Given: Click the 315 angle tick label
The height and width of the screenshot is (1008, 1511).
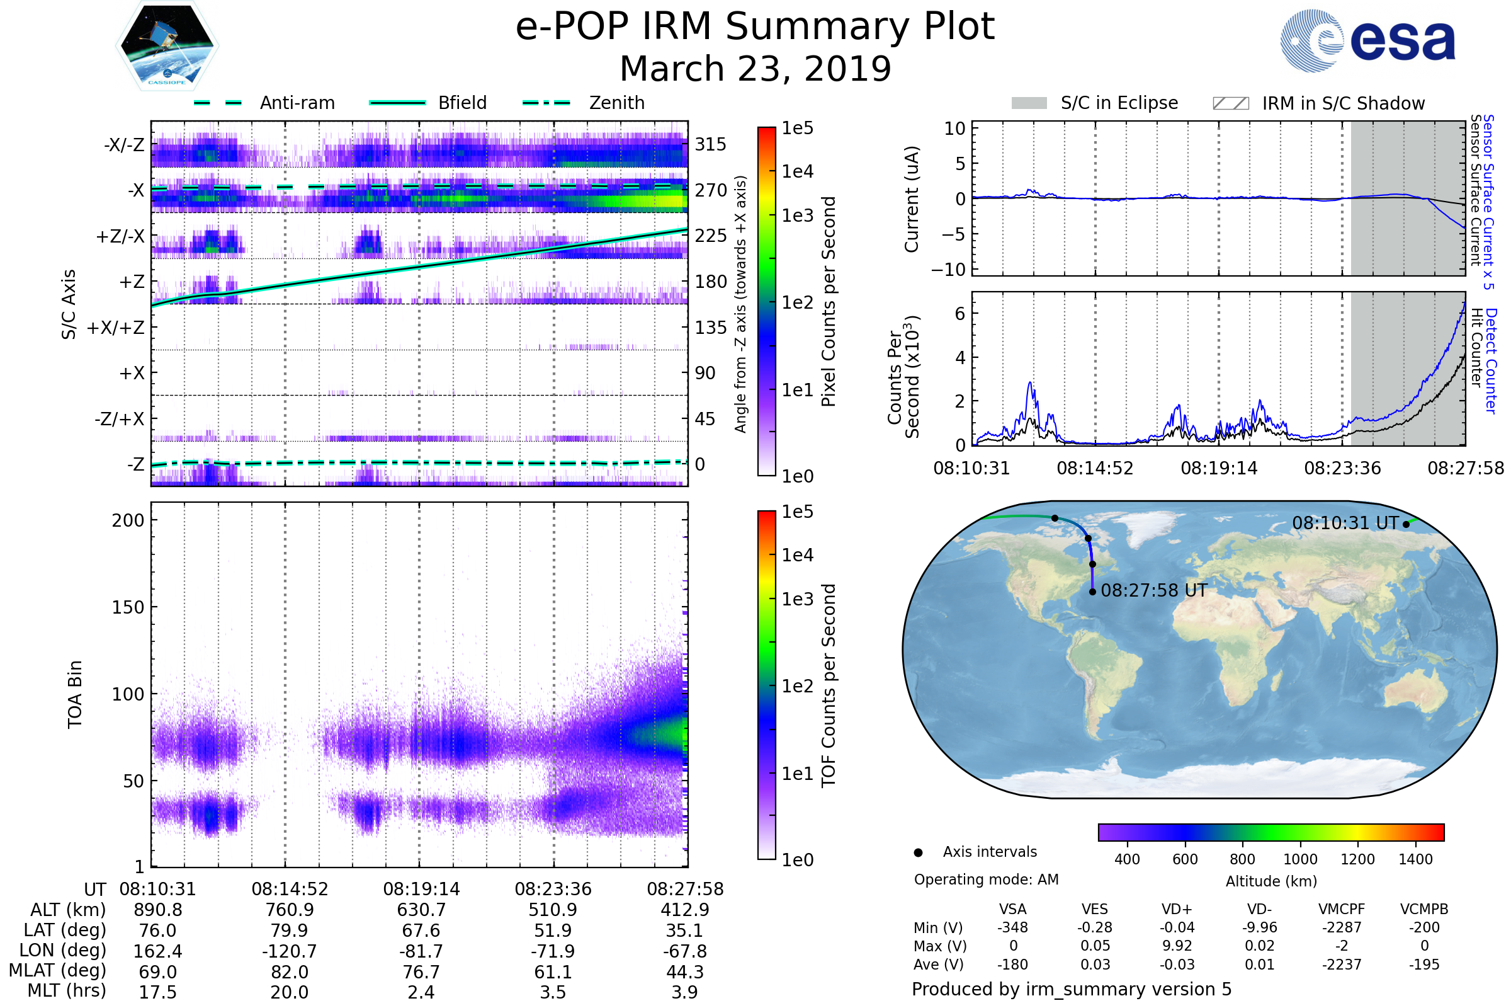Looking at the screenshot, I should pyautogui.click(x=710, y=144).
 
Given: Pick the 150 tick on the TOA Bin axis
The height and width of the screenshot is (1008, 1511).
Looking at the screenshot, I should pyautogui.click(x=128, y=607).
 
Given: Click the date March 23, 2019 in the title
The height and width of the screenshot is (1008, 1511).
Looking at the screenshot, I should pyautogui.click(x=755, y=69).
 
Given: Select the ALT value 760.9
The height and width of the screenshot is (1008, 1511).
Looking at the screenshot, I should pyautogui.click(x=290, y=910).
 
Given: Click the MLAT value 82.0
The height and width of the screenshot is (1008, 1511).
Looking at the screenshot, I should pyautogui.click(x=290, y=972).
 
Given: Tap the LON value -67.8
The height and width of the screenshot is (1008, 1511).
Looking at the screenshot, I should pyautogui.click(x=685, y=951).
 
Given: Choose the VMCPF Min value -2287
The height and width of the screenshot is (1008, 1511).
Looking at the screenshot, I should pyautogui.click(x=1342, y=927).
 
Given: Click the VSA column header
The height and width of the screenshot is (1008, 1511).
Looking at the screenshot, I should pyautogui.click(x=1012, y=909).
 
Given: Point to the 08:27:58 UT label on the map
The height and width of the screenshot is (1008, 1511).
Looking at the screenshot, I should pyautogui.click(x=1154, y=590).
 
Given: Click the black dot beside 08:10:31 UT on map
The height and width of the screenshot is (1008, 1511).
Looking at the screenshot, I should pyautogui.click(x=1406, y=524).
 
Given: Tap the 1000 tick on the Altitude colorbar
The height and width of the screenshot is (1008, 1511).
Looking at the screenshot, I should pyautogui.click(x=1299, y=859).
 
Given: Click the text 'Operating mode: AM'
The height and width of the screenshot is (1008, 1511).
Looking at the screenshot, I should pyautogui.click(x=986, y=879).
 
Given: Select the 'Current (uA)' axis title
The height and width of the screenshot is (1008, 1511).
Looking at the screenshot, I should pyautogui.click(x=912, y=199).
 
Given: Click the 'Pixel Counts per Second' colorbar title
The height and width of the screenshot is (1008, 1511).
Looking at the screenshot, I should pyautogui.click(x=829, y=302).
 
